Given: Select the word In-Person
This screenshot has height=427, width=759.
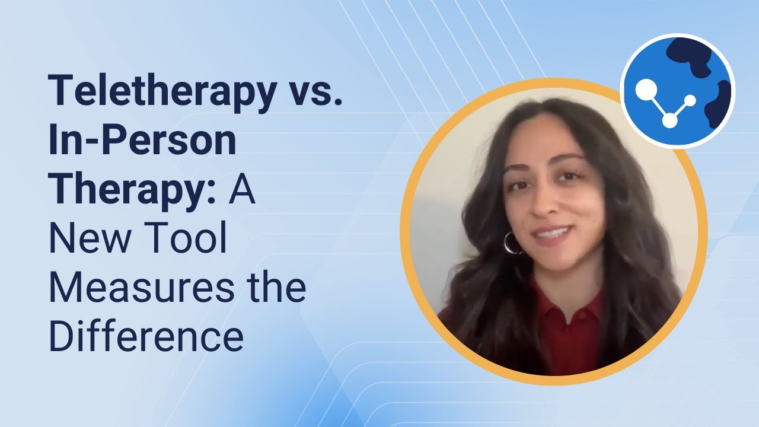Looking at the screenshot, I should click(x=142, y=141).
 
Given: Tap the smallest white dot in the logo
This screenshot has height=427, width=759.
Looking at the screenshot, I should click(x=690, y=100).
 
